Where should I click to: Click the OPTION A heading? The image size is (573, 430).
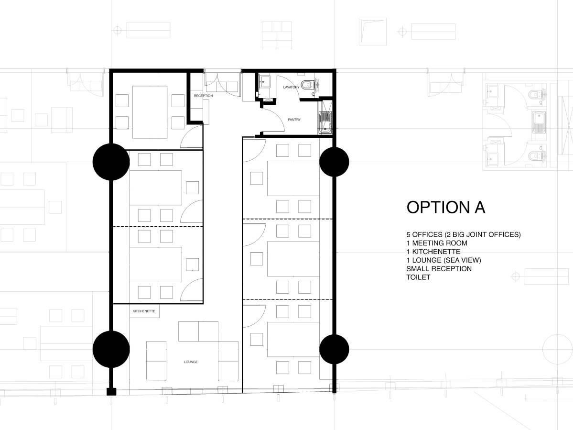[445, 207]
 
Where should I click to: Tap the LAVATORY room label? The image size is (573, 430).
[291, 87]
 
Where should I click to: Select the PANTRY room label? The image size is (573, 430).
[294, 120]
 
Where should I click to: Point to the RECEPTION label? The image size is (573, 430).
[203, 96]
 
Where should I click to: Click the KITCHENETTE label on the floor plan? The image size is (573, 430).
[144, 311]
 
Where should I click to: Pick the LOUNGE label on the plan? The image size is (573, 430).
[191, 362]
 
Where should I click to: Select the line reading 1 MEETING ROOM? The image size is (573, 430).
[437, 243]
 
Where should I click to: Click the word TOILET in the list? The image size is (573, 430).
[418, 277]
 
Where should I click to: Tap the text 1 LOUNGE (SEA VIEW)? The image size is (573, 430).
[443, 260]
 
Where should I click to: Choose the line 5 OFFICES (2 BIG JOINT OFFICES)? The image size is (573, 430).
[463, 234]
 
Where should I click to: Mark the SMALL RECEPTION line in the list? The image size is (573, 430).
[439, 268]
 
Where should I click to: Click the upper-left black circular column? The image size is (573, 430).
[111, 162]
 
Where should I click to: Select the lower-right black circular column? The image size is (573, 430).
[334, 349]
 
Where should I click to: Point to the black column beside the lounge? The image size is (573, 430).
[111, 349]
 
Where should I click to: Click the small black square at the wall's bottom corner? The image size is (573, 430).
[111, 392]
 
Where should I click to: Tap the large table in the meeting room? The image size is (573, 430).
[150, 112]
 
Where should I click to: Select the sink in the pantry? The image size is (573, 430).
[326, 122]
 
